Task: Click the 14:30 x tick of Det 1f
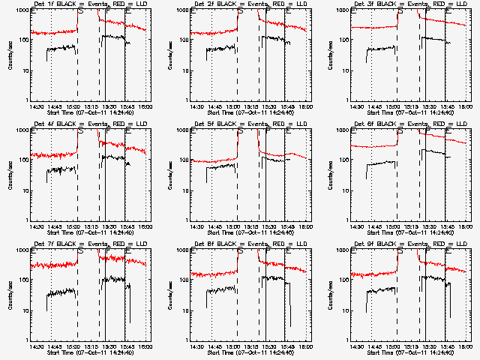point(37,106)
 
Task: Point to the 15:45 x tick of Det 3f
point(445,106)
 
